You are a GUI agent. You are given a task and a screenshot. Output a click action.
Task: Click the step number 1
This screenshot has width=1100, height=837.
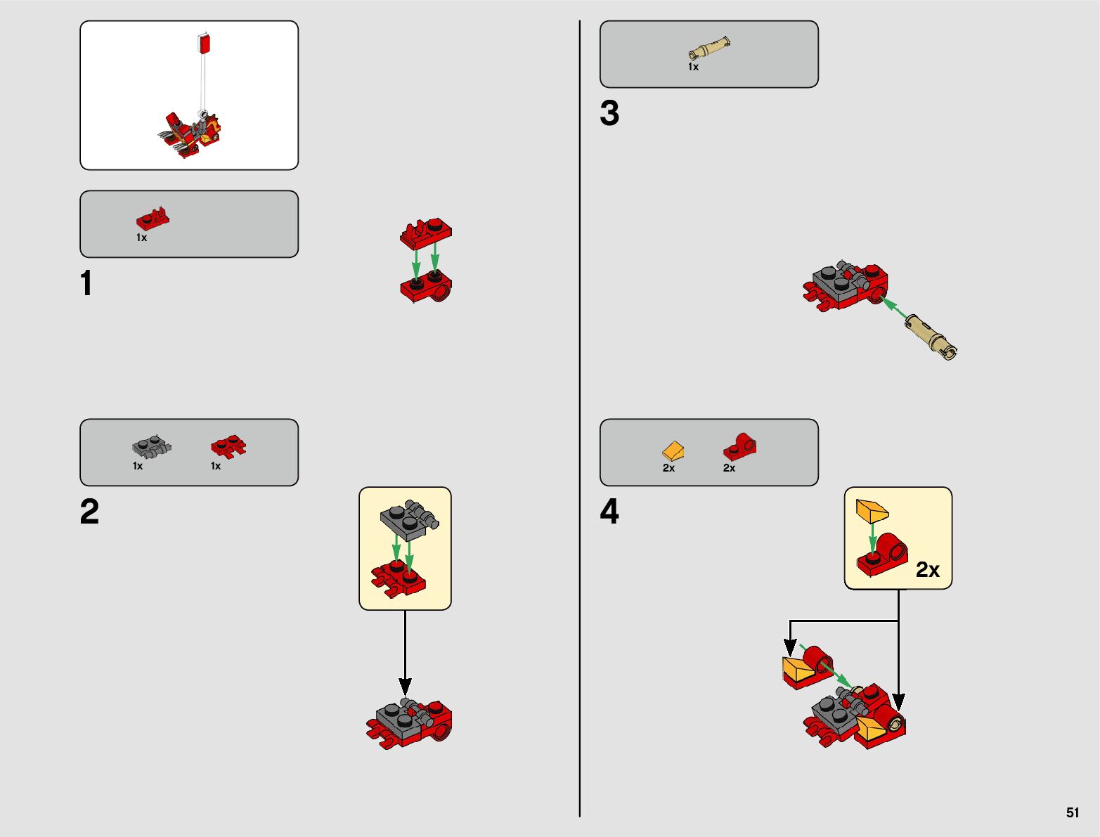[86, 284]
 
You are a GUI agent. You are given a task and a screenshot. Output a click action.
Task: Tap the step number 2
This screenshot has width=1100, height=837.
[89, 512]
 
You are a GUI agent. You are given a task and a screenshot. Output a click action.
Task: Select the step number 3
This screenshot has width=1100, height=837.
[609, 113]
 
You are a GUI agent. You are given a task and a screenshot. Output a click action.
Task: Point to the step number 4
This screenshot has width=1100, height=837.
[609, 512]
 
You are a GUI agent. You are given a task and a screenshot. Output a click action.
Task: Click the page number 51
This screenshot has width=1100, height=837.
[1072, 812]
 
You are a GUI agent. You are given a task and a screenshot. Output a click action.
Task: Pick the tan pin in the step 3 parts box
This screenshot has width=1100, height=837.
[708, 50]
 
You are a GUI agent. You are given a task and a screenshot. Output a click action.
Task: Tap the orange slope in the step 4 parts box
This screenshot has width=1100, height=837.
[673, 450]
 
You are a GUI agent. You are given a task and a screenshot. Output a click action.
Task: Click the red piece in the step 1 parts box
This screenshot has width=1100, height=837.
[153, 219]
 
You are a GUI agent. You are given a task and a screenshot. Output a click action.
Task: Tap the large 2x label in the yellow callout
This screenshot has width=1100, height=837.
[928, 570]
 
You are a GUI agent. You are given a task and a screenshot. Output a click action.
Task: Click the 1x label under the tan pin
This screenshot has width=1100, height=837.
[693, 67]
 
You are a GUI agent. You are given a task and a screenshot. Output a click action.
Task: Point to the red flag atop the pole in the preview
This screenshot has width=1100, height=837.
[205, 44]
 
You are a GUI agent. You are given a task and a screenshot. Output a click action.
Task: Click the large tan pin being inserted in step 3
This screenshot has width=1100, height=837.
[930, 336]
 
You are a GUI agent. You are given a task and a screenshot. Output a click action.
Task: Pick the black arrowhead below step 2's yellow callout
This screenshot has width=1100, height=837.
[405, 686]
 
